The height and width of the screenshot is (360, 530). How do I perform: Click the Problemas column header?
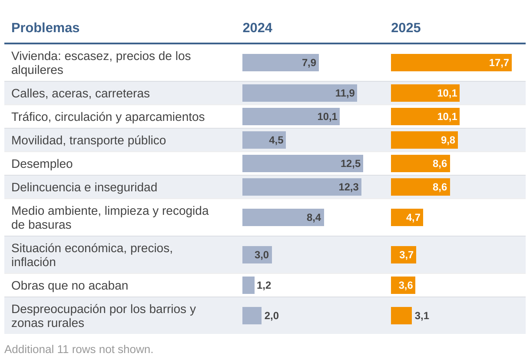click(45, 28)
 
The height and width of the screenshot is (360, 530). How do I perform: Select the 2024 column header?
click(257, 28)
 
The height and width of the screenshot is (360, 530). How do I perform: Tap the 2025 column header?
click(406, 28)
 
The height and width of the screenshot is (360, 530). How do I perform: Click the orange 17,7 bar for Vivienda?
click(451, 63)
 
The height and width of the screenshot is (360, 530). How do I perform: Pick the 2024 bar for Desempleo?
click(302, 163)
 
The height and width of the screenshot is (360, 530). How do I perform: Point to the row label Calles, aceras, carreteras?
click(80, 93)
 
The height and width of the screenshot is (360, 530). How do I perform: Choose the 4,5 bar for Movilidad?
click(264, 140)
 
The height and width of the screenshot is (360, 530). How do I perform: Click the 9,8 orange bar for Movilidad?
click(424, 140)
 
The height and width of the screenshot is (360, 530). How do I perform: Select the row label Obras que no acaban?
click(70, 286)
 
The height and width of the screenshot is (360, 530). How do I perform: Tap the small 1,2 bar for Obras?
click(248, 285)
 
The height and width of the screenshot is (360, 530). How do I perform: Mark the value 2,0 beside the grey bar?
click(272, 316)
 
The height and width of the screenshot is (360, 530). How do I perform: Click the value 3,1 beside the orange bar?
click(422, 316)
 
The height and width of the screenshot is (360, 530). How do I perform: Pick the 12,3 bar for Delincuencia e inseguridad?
click(301, 187)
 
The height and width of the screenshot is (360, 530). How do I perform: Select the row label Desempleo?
click(42, 164)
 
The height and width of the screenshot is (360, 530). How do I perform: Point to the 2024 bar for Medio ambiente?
click(283, 217)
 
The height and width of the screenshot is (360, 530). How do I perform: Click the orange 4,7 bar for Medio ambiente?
click(407, 217)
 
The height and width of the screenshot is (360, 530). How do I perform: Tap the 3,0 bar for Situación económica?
click(257, 255)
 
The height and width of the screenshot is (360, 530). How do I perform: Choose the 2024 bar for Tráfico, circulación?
click(291, 117)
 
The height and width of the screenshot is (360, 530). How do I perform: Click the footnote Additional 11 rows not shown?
click(79, 349)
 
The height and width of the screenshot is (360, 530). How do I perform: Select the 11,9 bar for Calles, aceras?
click(299, 93)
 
